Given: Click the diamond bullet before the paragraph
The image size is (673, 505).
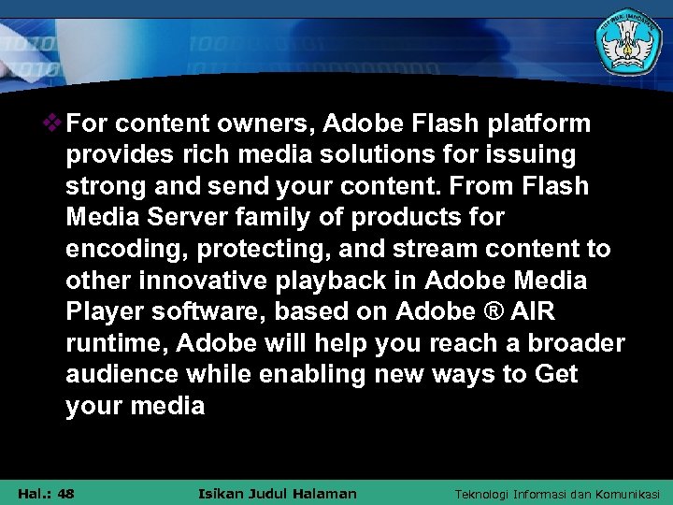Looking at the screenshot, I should tap(54, 123).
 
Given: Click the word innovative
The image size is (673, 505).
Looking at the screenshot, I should tap(197, 281).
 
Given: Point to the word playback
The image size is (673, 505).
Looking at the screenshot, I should tap(362, 281).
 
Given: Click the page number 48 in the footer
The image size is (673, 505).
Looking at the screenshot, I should tap(65, 493).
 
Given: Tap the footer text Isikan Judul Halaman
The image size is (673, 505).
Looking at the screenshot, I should tap(278, 493).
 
